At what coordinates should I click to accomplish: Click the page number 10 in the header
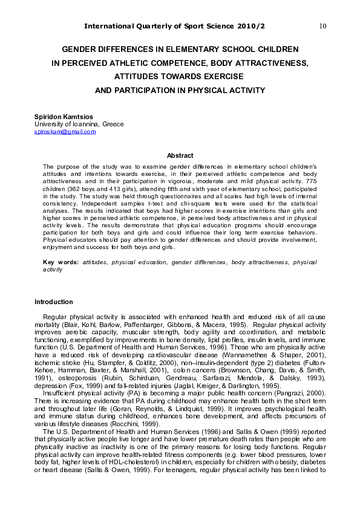coord(322,26)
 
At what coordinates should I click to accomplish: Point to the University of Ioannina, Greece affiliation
coord(79,124)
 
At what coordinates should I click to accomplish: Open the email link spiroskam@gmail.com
coord(65,132)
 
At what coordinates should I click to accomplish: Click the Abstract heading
coord(180,155)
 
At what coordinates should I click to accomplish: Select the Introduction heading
coord(53,302)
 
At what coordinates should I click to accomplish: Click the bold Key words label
coord(61,262)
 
